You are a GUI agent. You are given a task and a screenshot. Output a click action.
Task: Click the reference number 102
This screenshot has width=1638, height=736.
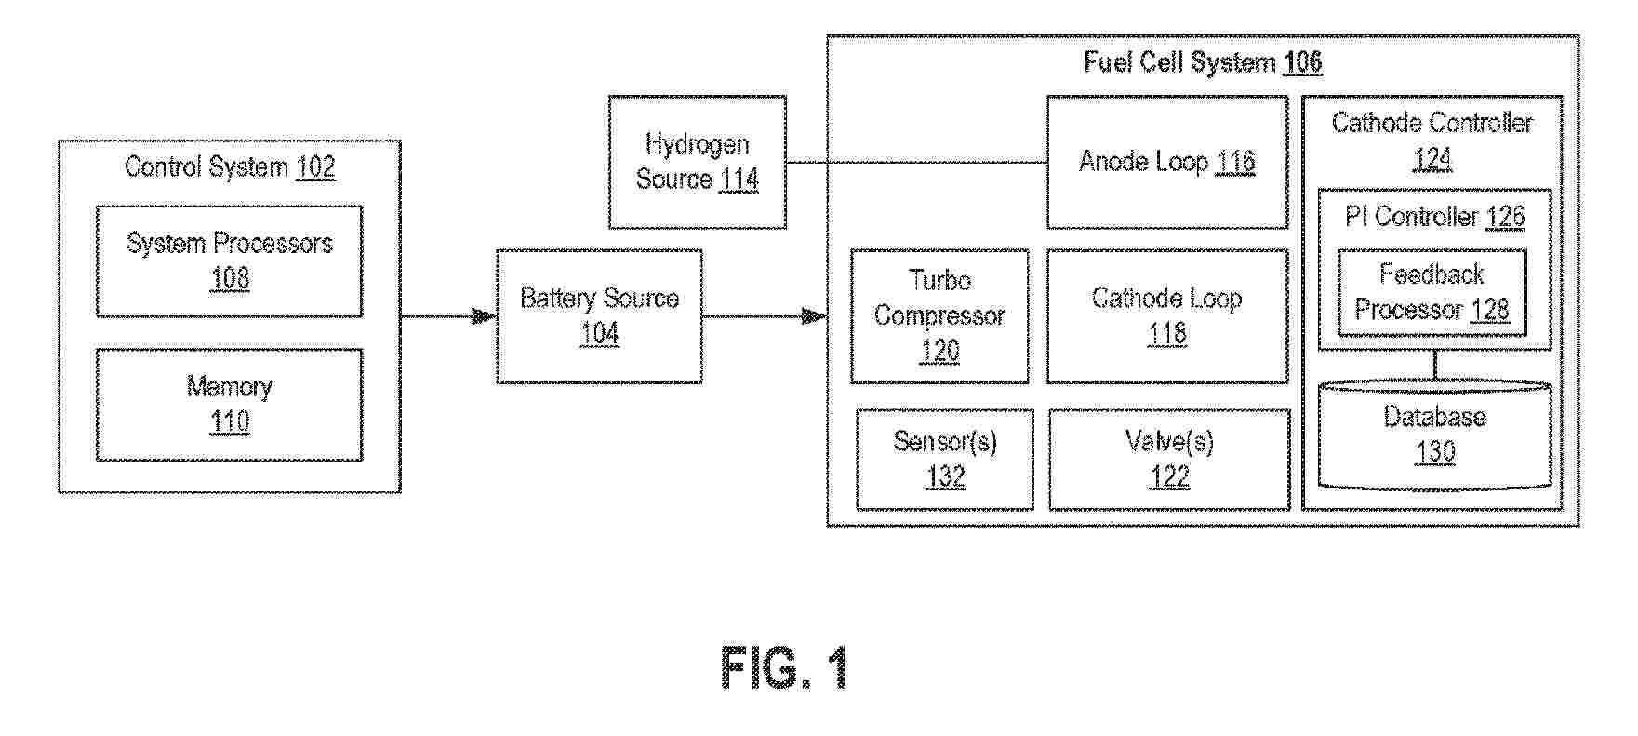pyautogui.click(x=315, y=167)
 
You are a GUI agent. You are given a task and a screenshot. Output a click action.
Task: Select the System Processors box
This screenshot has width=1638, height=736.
pyautogui.click(x=229, y=261)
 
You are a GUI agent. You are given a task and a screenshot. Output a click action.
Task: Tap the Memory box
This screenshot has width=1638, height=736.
pyautogui.click(x=229, y=405)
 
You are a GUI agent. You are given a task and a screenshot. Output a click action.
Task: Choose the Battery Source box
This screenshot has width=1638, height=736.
pyautogui.click(x=599, y=316)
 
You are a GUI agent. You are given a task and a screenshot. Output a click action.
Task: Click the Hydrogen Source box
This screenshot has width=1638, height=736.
pyautogui.click(x=697, y=162)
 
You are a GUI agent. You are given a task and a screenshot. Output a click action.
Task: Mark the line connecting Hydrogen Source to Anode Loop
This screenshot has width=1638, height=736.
pyautogui.click(x=916, y=163)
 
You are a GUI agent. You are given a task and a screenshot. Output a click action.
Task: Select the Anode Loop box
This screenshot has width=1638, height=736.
pyautogui.click(x=1166, y=162)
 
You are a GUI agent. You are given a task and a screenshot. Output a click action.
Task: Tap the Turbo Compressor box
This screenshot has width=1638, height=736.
pyautogui.click(x=939, y=316)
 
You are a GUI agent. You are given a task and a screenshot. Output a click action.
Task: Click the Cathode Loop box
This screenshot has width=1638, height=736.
pyautogui.click(x=1166, y=316)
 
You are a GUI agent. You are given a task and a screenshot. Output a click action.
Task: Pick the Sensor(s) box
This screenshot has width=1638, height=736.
pyautogui.click(x=944, y=460)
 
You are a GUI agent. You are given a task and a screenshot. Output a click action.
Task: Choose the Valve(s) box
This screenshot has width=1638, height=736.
pyautogui.click(x=1169, y=460)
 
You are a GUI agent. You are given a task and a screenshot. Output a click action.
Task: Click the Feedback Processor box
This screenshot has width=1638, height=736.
pyautogui.click(x=1432, y=292)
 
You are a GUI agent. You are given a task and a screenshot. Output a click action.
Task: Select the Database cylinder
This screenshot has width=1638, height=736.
pyautogui.click(x=1434, y=435)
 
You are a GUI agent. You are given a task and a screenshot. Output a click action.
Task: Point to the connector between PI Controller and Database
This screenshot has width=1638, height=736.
pyautogui.click(x=1434, y=365)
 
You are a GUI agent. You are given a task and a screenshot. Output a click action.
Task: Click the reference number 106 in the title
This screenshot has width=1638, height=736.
pyautogui.click(x=1302, y=63)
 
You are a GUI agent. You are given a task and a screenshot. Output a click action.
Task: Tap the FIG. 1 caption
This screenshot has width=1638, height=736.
pyautogui.click(x=784, y=667)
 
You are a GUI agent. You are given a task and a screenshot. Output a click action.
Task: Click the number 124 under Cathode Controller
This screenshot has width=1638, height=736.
pyautogui.click(x=1432, y=159)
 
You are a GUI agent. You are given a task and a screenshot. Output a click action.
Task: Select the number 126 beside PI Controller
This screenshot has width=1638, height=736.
pyautogui.click(x=1505, y=217)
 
